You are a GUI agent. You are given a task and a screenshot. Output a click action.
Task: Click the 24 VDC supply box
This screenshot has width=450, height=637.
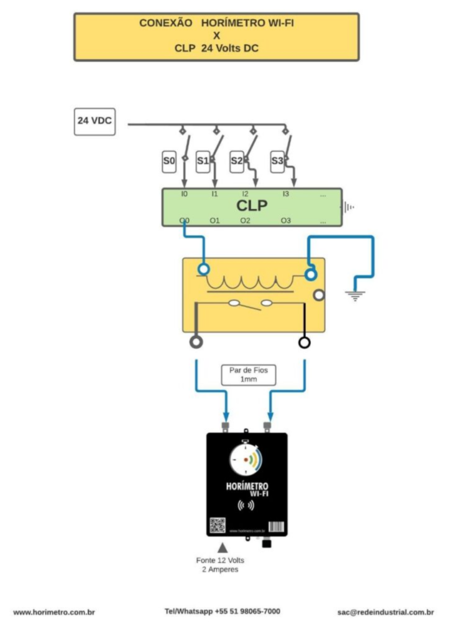pyautogui.click(x=94, y=121)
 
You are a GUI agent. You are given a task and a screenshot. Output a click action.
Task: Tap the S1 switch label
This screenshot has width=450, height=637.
pyautogui.click(x=203, y=162)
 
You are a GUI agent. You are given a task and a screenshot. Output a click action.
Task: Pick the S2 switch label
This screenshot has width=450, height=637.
pyautogui.click(x=237, y=162)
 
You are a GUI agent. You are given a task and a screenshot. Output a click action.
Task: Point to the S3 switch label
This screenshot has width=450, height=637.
pyautogui.click(x=277, y=162)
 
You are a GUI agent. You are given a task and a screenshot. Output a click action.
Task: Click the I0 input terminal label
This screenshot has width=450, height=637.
pyautogui.click(x=184, y=194)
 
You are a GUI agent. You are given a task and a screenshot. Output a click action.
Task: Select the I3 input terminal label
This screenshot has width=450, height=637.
pyautogui.click(x=285, y=194)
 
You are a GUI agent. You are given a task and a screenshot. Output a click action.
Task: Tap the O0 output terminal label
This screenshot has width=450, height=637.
pyautogui.click(x=184, y=220)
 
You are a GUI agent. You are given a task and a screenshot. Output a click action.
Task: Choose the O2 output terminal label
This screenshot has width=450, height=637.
pyautogui.click(x=246, y=220)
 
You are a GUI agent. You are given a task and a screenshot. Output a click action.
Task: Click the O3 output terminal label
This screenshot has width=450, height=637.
pyautogui.click(x=285, y=220)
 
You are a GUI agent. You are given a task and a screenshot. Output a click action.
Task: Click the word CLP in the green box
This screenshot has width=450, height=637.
pyautogui.click(x=252, y=206)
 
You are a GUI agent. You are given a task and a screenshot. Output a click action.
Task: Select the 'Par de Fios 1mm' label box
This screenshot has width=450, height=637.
pyautogui.click(x=249, y=374)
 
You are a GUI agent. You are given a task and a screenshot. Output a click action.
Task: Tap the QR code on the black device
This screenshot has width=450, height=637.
pyautogui.click(x=217, y=525)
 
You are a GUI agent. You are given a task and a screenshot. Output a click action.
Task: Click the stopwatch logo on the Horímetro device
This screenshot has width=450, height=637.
pyautogui.click(x=246, y=460)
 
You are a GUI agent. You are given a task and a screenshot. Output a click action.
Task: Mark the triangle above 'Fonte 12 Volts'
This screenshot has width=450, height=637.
pyautogui.click(x=222, y=548)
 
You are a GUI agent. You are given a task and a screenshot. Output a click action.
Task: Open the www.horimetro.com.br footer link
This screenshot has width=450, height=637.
pyautogui.click(x=54, y=612)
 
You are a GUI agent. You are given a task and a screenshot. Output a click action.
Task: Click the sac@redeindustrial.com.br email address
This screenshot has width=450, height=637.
pyautogui.click(x=385, y=612)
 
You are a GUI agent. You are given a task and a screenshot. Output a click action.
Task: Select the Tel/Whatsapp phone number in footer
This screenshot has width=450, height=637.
pyautogui.click(x=222, y=611)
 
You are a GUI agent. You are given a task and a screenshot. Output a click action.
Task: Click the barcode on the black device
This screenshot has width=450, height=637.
pyautogui.click(x=277, y=526)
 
